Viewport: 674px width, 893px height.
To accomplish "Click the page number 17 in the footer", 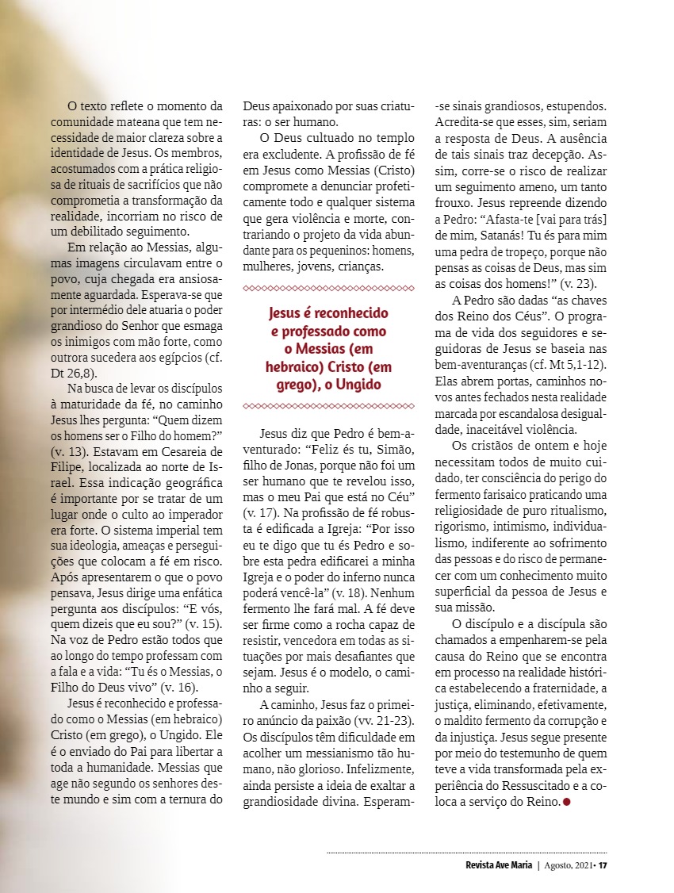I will click(x=603, y=864).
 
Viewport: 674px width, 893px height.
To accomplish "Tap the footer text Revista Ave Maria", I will click(x=499, y=864).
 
